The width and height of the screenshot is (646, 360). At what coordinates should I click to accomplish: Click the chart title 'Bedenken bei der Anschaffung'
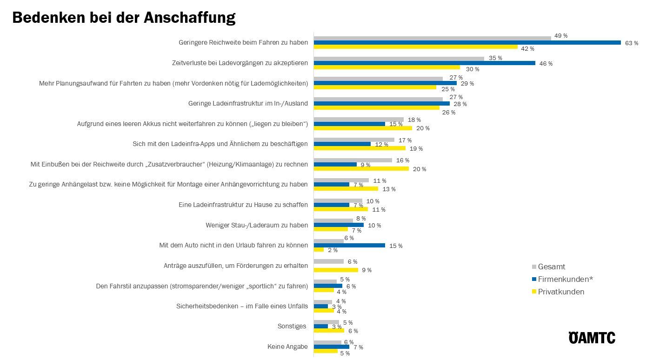coord(124,18)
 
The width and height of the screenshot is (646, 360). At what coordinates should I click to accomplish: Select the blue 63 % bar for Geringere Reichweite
coord(467,42)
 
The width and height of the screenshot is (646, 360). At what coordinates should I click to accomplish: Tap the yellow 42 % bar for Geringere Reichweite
coord(415,47)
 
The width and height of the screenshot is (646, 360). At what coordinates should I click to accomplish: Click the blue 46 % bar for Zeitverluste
coord(424,63)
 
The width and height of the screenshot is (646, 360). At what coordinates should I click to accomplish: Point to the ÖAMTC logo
coord(592,338)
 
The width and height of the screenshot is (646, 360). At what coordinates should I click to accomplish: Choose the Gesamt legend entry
coord(551,267)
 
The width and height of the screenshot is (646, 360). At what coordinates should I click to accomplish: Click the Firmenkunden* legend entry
coord(565,279)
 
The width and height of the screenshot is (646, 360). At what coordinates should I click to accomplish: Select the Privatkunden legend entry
coord(560,292)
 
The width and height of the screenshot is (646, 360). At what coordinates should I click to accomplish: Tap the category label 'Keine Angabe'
coord(287,347)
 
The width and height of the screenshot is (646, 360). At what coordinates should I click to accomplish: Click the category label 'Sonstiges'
coord(292,326)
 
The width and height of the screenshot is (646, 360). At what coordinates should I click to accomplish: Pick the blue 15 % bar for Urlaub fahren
coord(349,245)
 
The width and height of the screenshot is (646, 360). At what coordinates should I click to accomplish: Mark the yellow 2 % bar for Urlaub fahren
coord(319,250)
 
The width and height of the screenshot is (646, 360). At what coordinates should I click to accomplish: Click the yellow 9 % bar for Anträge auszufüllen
coord(336,270)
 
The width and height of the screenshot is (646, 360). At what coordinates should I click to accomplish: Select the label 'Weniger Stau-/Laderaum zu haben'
coord(257,225)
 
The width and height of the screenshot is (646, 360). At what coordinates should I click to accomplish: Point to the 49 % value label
coord(560,36)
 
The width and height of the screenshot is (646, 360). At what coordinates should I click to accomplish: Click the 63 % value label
coord(632,43)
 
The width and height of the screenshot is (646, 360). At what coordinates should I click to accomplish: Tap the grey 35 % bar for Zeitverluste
coord(399,59)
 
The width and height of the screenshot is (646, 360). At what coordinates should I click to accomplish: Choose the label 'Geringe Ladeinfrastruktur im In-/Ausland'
coord(248,103)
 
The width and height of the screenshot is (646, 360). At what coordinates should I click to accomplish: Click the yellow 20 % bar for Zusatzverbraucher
coord(361,168)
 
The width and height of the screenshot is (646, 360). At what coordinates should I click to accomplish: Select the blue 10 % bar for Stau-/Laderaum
coord(339,225)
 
